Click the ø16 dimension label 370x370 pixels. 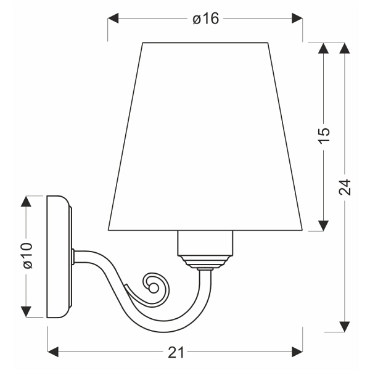(x=205, y=19)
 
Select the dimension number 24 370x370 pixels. (x=345, y=187)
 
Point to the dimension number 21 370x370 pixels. (x=176, y=352)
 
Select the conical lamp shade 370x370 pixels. (x=207, y=136)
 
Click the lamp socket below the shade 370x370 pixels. (x=207, y=244)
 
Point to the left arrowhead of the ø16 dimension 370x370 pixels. (x=113, y=19)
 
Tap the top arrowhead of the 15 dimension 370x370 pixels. (x=324, y=48)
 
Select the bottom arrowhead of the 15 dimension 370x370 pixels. (x=324, y=226)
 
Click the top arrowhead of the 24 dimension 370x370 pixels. (x=345, y=48)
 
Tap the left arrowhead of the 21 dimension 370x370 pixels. (x=53, y=352)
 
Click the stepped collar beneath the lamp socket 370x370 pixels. (x=207, y=265)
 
